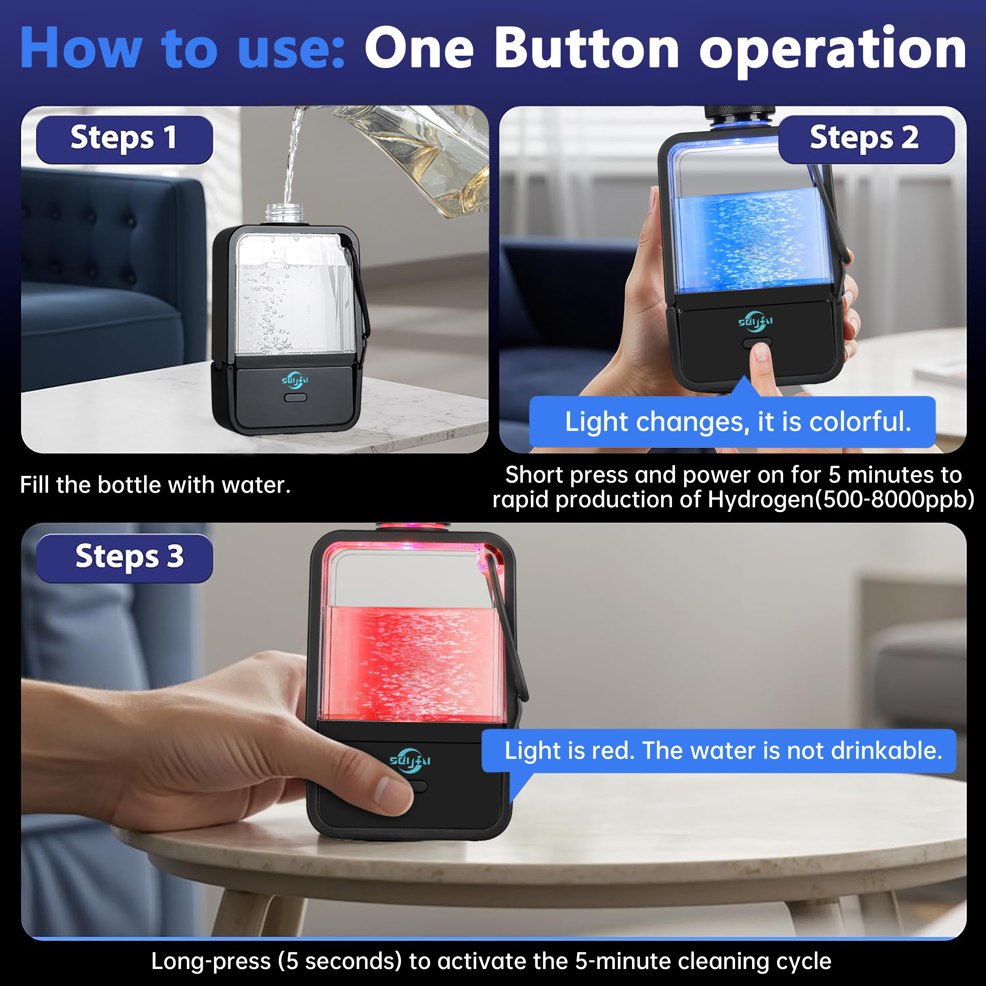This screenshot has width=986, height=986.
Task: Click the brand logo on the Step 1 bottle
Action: (x=295, y=380)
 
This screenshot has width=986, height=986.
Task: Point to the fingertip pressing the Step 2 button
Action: (x=760, y=352)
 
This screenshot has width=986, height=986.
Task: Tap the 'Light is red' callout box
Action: (x=719, y=751)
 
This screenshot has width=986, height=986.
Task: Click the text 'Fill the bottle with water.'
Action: (x=155, y=485)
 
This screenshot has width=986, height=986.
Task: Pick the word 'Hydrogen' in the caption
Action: (x=761, y=500)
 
